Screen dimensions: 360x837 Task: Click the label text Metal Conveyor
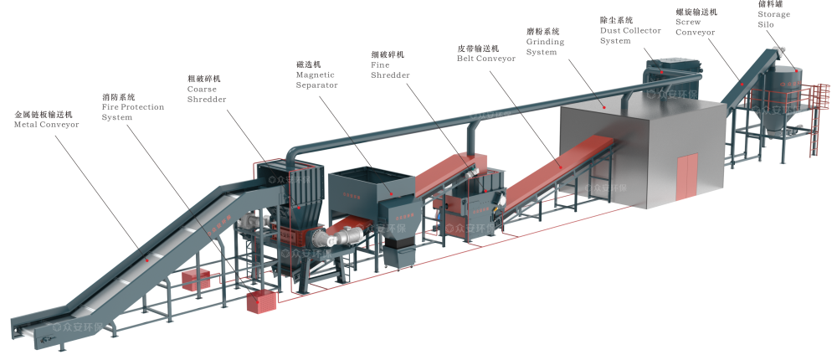click(x=46, y=124)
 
